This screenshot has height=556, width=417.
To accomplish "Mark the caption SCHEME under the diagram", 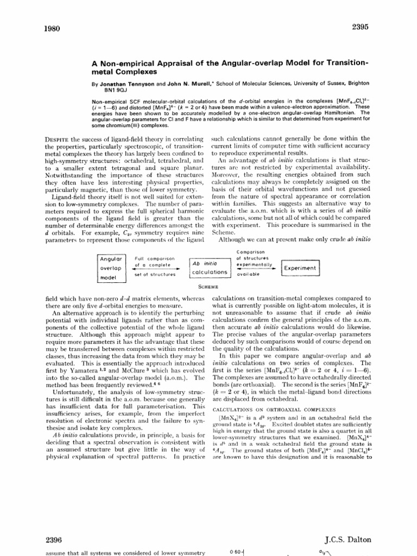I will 208,286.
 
